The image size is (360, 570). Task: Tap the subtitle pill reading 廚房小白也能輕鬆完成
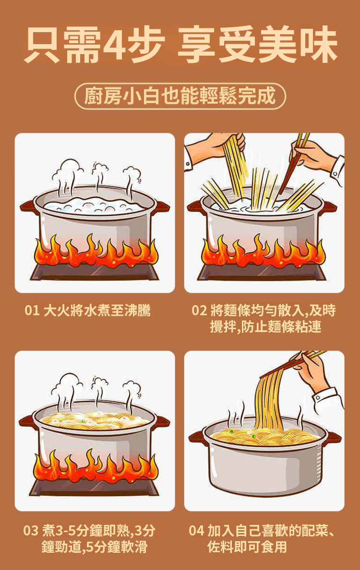point(180,96)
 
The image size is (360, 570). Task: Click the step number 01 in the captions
point(32,310)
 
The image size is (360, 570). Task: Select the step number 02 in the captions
point(199,310)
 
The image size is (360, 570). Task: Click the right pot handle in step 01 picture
point(162,207)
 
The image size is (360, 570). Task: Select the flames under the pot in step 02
point(263,250)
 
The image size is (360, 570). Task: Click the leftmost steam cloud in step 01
point(67,171)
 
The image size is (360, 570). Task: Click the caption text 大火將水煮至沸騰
point(97,310)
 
